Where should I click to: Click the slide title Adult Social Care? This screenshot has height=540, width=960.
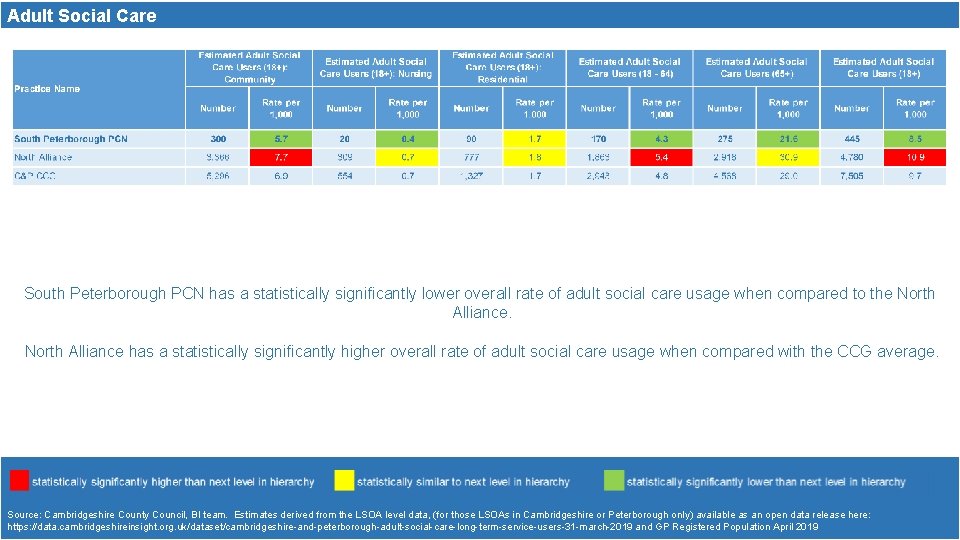pos(82,15)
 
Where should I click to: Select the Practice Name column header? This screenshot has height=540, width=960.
pos(47,89)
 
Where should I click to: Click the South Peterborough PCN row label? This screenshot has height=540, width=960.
pos(71,139)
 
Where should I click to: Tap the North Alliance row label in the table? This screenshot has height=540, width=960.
pos(43,157)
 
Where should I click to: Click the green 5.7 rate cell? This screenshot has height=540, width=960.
pos(281,139)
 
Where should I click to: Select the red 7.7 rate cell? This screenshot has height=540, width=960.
pos(281,157)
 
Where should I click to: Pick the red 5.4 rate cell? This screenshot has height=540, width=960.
pos(661,157)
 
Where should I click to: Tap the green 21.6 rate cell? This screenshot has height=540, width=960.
pos(788,139)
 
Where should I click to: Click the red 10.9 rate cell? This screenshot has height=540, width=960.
pos(915,157)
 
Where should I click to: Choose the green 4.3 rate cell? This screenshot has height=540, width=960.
pos(661,139)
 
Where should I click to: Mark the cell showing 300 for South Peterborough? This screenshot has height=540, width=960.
pos(218,139)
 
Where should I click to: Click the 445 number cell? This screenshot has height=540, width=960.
pos(851,139)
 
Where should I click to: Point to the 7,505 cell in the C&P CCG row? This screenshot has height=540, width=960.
pos(851,176)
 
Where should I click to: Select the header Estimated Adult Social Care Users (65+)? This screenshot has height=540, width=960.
pos(756,67)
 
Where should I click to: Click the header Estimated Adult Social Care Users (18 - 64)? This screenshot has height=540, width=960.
pos(629,67)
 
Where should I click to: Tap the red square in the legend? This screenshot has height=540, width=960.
pos(19,481)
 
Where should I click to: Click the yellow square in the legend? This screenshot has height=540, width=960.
pos(344,481)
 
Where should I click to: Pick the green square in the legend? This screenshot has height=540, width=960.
pos(613,481)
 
